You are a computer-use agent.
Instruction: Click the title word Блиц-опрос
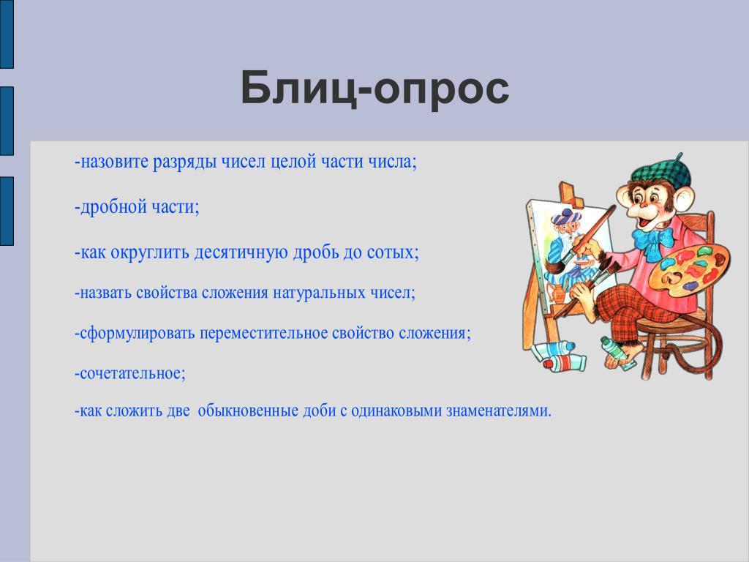coord(374,88)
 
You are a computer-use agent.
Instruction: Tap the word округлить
coord(150,252)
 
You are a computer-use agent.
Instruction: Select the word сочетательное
coord(130,373)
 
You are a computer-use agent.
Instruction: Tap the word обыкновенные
coord(248,411)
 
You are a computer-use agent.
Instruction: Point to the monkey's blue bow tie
coord(653,241)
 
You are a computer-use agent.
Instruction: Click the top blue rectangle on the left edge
coord(7,34)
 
